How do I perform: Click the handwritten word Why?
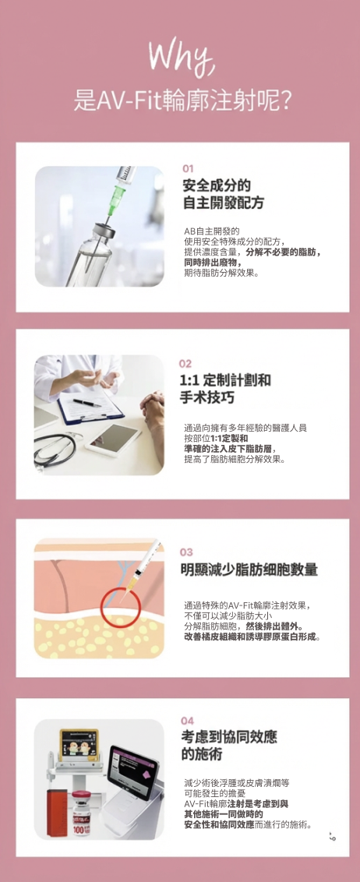click(x=181, y=58)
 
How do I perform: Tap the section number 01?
click(x=188, y=169)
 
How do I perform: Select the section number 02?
click(x=185, y=364)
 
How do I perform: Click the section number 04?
click(x=187, y=721)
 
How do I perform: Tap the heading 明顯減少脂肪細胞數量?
click(x=249, y=570)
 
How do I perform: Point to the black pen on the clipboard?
click(x=87, y=403)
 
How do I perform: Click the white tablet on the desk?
click(x=113, y=439)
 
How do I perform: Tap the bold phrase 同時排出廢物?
click(x=212, y=263)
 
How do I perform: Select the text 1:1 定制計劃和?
click(x=225, y=380)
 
